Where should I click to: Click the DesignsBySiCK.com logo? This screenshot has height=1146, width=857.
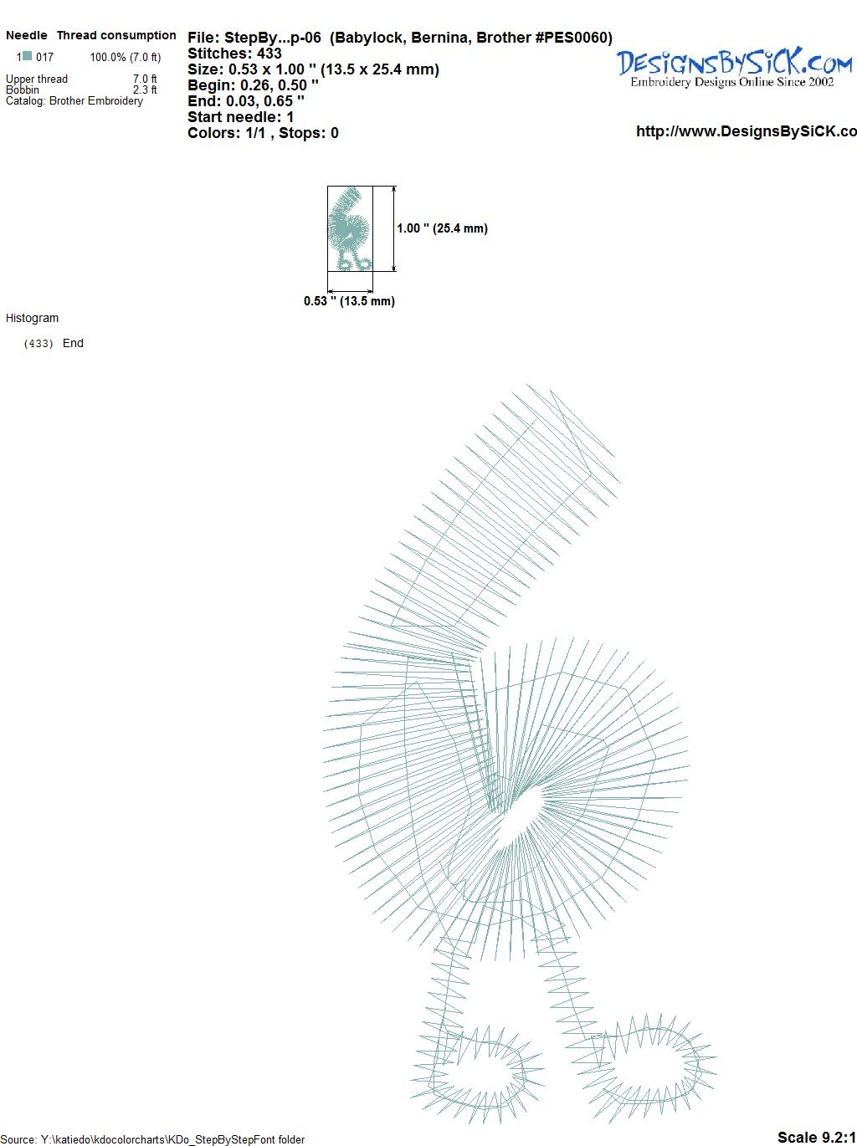pyautogui.click(x=734, y=68)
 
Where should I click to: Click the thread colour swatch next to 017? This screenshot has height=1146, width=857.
pyautogui.click(x=28, y=56)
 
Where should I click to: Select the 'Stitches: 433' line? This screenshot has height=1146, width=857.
pyautogui.click(x=234, y=54)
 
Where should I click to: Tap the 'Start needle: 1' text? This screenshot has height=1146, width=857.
pyautogui.click(x=240, y=117)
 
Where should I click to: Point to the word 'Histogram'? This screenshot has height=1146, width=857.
pyautogui.click(x=32, y=318)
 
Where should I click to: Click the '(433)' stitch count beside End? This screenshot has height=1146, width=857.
pyautogui.click(x=38, y=344)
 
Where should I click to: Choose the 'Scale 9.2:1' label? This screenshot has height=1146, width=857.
pyautogui.click(x=816, y=1137)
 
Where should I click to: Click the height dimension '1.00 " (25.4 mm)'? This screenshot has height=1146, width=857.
pyautogui.click(x=442, y=228)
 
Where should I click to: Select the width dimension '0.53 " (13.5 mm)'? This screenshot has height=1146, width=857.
pyautogui.click(x=349, y=301)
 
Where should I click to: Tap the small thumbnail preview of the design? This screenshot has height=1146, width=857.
pyautogui.click(x=350, y=228)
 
